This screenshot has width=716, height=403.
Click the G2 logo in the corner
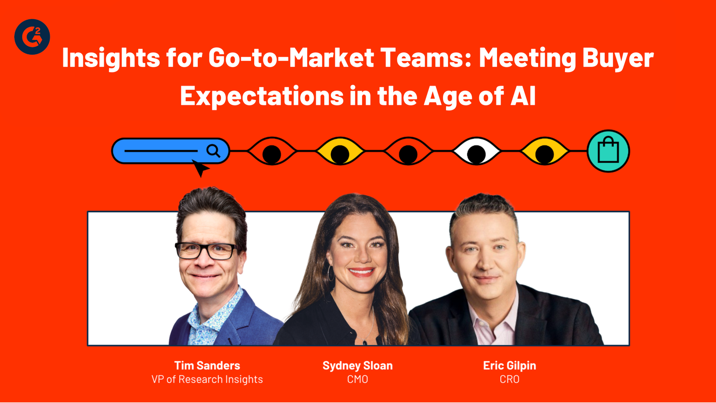click(x=32, y=37)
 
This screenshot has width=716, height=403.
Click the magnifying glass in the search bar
click(x=213, y=151)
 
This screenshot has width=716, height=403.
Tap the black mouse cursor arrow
click(x=200, y=168)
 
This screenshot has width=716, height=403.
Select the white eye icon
click(x=476, y=151)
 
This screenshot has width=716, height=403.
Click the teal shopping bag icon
click(x=608, y=151)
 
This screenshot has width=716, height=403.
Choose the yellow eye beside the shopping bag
click(x=544, y=151)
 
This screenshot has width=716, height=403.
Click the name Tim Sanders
click(x=207, y=366)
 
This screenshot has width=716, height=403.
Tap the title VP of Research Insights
click(x=207, y=379)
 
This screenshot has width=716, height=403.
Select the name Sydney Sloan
click(x=357, y=366)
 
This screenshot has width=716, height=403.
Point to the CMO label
click(x=357, y=379)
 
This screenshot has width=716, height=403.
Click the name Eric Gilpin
click(x=510, y=366)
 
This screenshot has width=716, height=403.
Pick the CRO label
click(x=510, y=379)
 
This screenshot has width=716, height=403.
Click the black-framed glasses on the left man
click(x=206, y=250)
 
